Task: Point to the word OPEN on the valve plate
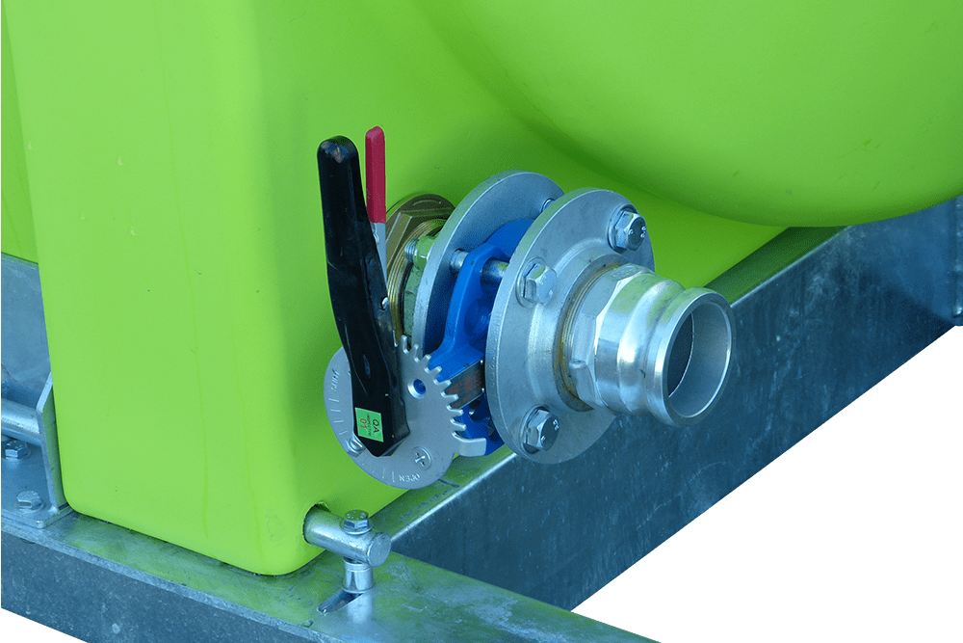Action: (409, 476)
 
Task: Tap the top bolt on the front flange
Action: (627, 229)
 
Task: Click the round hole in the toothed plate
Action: (414, 386)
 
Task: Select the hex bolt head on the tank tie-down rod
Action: (355, 522)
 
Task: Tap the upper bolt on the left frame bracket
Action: (13, 448)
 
